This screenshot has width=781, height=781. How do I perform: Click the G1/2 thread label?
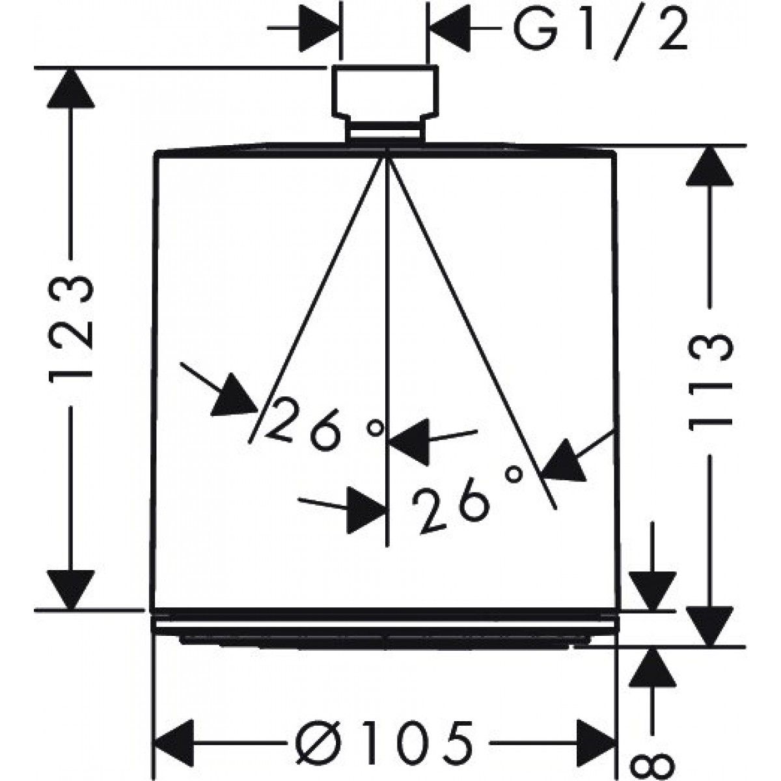[600, 31]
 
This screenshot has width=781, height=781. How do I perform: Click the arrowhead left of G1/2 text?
[450, 29]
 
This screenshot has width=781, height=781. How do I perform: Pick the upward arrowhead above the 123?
[70, 89]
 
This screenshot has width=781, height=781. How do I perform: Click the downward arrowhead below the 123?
[71, 590]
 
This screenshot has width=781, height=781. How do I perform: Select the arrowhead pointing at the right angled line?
[565, 460]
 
